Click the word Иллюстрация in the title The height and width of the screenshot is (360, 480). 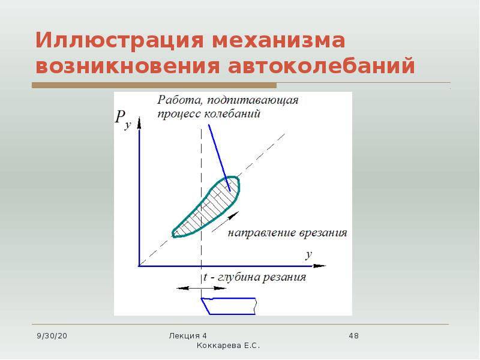(119, 41)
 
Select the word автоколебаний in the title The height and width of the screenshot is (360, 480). (321, 65)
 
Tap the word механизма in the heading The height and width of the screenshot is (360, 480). (278, 41)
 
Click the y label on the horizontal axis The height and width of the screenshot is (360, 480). (308, 255)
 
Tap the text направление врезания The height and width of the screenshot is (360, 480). (287, 233)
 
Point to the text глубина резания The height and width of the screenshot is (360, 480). (262, 277)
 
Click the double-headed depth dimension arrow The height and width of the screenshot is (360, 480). (202, 288)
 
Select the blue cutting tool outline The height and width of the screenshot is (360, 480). (229, 306)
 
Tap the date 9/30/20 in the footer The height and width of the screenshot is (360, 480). (52, 336)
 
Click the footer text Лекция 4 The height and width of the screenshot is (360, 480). (188, 336)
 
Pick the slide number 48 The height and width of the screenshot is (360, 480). (353, 336)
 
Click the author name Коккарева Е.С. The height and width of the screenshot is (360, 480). (228, 346)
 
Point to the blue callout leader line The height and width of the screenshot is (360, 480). (219, 158)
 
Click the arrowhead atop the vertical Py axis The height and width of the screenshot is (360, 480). (139, 122)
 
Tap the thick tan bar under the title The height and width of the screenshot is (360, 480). (154, 85)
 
